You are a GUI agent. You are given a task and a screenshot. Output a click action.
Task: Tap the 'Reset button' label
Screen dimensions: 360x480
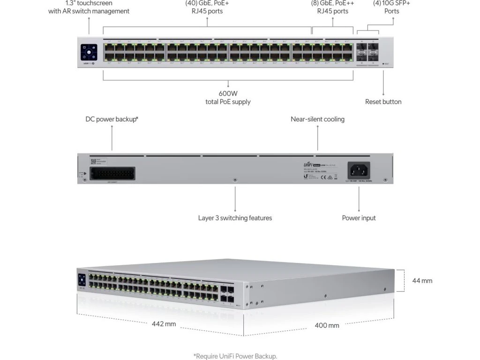point(383,102)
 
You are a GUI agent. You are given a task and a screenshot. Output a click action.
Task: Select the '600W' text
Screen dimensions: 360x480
point(228,93)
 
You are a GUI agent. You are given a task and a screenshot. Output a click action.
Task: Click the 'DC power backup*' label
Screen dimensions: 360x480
point(112,119)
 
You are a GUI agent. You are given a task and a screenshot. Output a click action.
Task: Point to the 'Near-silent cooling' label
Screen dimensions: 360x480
point(317,119)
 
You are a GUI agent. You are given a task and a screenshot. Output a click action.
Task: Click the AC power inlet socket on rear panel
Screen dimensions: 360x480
point(359,169)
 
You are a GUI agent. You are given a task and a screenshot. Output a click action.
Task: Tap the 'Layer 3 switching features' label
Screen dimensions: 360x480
point(235,217)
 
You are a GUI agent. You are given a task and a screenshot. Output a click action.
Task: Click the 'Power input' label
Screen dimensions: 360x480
point(359,217)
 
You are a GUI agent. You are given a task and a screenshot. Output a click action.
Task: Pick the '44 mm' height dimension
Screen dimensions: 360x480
point(422,281)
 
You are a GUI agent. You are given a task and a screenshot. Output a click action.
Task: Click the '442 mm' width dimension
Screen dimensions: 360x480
point(164,323)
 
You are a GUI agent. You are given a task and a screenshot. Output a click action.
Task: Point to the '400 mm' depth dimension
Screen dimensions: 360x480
point(327,325)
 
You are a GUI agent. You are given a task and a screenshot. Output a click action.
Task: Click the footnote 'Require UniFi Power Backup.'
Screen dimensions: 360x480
point(238,356)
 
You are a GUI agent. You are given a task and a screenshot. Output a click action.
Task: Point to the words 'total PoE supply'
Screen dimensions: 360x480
point(228,102)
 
